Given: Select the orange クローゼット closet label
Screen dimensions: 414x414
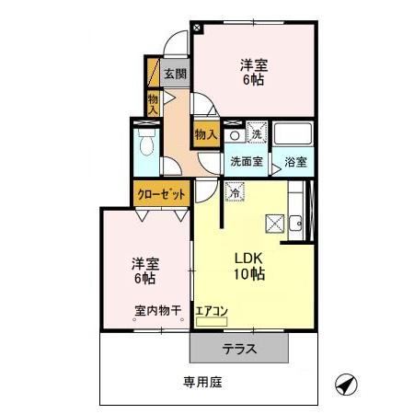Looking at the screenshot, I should click(162, 194).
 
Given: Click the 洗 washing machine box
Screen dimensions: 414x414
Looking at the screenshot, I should click(257, 134).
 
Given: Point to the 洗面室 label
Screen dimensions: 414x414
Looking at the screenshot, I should click(246, 162).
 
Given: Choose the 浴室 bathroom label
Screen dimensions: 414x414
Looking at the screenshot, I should click(295, 162).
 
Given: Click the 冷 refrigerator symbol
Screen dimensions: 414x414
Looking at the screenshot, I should click(234, 193).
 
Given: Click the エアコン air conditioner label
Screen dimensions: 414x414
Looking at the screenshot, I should click(211, 311).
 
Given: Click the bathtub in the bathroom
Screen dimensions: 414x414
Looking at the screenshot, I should click(295, 135).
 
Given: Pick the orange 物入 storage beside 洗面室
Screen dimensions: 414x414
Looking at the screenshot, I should click(206, 134).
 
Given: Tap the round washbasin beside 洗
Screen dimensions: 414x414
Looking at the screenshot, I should click(235, 135).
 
